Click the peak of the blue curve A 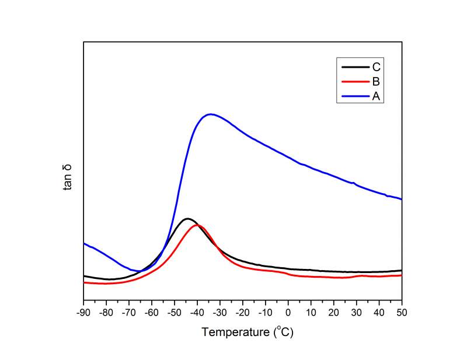(210, 114)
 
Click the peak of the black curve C (187, 219)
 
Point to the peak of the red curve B (198, 225)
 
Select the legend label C (377, 67)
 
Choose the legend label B (377, 82)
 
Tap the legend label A (377, 96)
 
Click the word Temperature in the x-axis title (233, 333)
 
